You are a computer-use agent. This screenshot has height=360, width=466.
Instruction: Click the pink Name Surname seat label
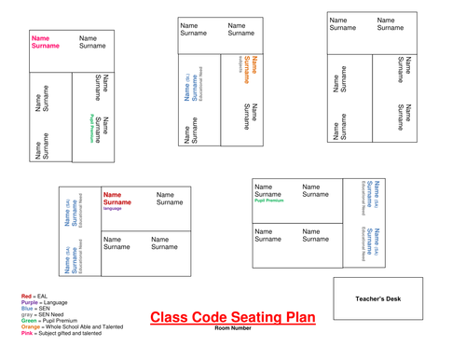(46, 42)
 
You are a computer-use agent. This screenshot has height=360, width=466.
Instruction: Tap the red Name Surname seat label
(117, 199)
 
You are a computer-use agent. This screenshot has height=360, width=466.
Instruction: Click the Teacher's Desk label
(377, 298)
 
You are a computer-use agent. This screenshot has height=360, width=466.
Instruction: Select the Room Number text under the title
(233, 329)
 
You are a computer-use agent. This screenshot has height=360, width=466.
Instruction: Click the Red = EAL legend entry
(34, 296)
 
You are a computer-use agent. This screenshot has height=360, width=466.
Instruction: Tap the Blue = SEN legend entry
(35, 309)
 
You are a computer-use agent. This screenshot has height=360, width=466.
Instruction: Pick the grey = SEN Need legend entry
(42, 315)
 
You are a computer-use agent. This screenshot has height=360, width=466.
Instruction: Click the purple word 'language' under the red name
(113, 209)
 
